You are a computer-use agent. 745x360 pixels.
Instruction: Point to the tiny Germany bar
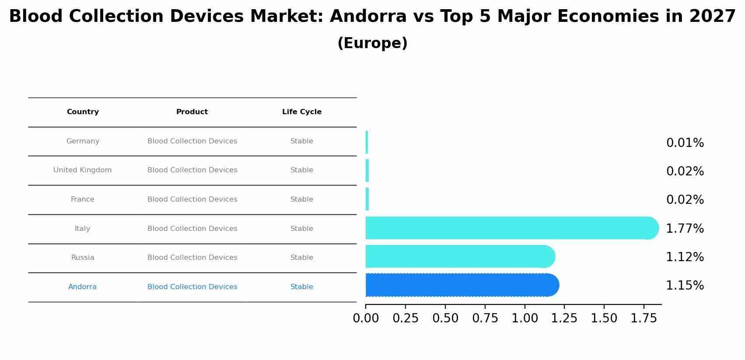[367, 142]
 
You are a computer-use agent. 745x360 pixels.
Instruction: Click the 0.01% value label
[685, 143]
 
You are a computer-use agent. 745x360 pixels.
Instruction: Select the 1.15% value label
[685, 286]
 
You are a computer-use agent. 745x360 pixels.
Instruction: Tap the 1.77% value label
[685, 229]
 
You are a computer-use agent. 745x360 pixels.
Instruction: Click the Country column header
[83, 112]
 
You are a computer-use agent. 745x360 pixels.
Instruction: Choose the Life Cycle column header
[302, 112]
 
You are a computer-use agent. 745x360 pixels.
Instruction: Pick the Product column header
[192, 112]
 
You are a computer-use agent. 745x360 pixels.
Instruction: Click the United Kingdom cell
[83, 170]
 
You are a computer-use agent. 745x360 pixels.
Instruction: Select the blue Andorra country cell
[83, 287]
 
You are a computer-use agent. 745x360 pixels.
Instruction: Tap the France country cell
[83, 199]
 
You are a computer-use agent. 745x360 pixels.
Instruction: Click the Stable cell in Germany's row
[302, 141]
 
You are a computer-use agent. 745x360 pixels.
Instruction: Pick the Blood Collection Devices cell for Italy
[192, 229]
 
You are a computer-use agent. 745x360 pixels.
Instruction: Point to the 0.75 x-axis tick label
[485, 318]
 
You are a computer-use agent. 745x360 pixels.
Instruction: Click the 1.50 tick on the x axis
[604, 318]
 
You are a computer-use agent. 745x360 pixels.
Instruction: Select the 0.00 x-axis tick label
[366, 318]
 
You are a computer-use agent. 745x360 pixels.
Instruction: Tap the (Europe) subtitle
[372, 43]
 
